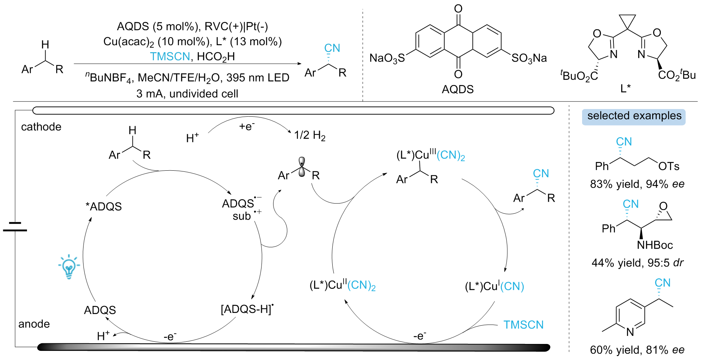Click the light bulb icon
pos(69,267)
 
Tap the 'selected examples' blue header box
pos(634,116)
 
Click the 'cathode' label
pos(41,127)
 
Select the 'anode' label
pos(34,324)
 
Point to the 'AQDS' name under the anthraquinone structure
pos(457,89)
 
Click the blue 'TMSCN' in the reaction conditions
pos(170,57)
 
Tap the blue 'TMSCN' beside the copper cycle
pos(523,325)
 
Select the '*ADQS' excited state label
pos(104,206)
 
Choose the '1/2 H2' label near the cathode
pos(310,136)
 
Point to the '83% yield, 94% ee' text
pos(637,184)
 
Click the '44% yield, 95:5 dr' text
pos(637,263)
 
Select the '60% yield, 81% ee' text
pos(637,350)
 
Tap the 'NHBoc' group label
pos(655,245)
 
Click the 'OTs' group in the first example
pos(669,167)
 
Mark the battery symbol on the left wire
pos(15,227)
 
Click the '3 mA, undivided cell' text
pos(187,94)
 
